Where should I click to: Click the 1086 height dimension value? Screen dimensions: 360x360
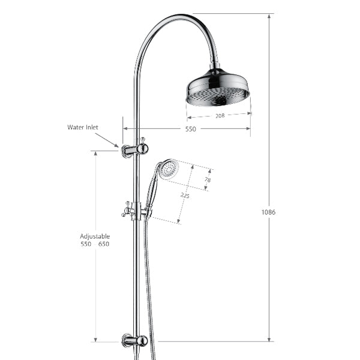tap(269, 212)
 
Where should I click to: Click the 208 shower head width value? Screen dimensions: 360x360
tap(220, 116)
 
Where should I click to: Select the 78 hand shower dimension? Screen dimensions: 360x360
tap(208, 179)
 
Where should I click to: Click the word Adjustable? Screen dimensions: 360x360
tap(95, 236)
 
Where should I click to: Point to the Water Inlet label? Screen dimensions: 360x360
tap(83, 127)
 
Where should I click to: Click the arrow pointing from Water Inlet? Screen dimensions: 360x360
tap(108, 140)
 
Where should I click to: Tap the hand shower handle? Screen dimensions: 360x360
tap(152, 192)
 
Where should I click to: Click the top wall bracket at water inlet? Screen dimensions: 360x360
tap(134, 149)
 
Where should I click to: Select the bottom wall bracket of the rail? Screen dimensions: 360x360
tap(134, 341)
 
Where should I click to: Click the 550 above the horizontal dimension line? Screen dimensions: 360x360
tap(190, 129)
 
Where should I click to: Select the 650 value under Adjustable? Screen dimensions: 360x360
tap(103, 244)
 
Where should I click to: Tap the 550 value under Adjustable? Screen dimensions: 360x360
tap(86, 244)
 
